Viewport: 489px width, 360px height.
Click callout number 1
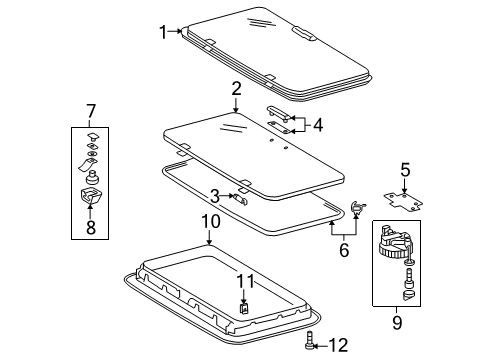point(164,31)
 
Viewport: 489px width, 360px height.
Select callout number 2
point(236,89)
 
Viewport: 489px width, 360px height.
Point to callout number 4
point(318,125)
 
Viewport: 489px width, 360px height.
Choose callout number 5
point(405,170)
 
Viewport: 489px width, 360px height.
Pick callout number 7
point(90,109)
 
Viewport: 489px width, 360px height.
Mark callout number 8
point(90,227)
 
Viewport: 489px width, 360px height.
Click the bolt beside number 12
point(311,343)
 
